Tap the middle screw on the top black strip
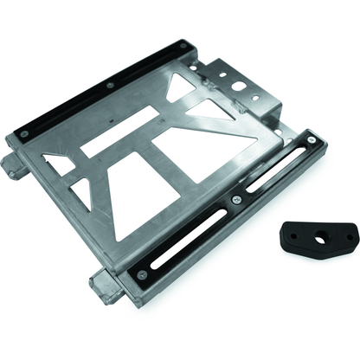tap(109, 86)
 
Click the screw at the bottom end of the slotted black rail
tap(141, 274)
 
